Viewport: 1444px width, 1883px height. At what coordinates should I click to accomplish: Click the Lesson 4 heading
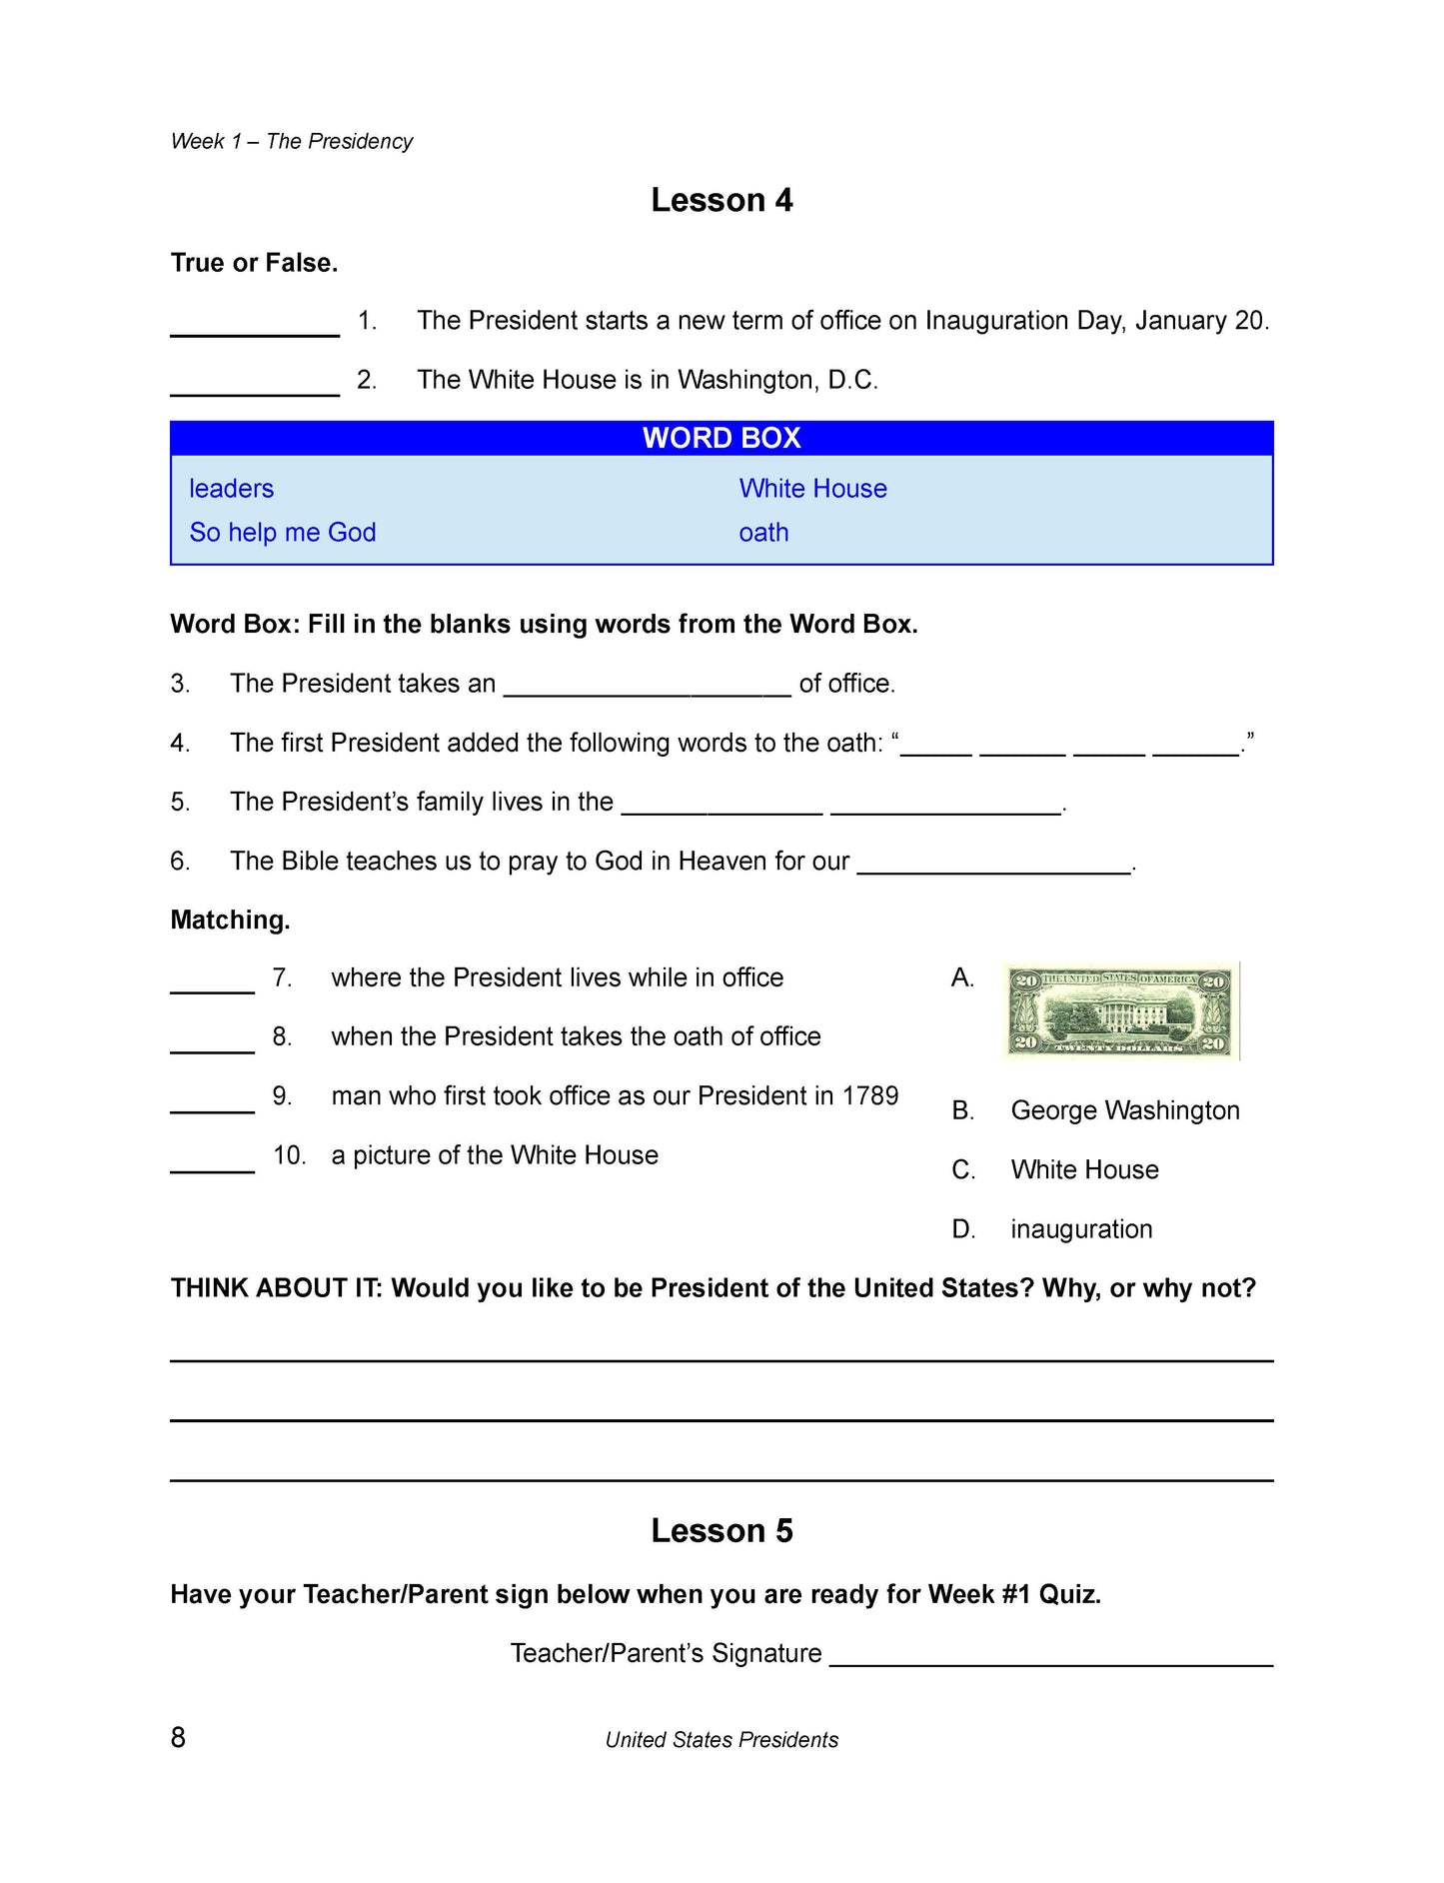(x=722, y=200)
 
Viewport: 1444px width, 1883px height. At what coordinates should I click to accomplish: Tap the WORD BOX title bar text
(x=722, y=438)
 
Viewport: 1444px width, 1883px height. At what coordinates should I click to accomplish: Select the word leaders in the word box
(x=231, y=489)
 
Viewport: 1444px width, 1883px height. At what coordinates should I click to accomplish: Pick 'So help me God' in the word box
(x=283, y=533)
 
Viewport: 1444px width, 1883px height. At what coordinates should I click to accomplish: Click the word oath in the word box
(x=763, y=533)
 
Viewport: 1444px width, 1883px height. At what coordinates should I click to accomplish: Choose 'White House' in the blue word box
(x=812, y=489)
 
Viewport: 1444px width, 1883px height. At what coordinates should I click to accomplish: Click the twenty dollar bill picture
(x=1121, y=1011)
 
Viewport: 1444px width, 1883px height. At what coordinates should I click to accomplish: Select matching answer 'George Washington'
(x=1124, y=1110)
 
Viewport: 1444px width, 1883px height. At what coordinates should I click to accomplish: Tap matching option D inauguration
(x=1081, y=1229)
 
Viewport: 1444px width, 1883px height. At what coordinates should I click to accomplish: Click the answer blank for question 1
(x=255, y=326)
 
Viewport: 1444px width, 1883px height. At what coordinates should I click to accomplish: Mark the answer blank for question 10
(x=212, y=1161)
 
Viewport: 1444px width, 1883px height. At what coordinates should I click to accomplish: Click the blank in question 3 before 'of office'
(x=647, y=686)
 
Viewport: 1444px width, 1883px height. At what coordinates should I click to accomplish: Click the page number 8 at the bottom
(x=178, y=1737)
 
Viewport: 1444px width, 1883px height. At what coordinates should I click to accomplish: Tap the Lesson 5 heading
(x=722, y=1531)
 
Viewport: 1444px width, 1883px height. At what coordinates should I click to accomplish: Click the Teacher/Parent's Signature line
(x=1051, y=1656)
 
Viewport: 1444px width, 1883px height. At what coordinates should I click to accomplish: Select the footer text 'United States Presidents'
(x=722, y=1740)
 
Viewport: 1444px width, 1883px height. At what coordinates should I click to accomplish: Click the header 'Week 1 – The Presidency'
(x=292, y=142)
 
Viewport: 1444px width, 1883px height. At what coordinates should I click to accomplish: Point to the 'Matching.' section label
(x=230, y=921)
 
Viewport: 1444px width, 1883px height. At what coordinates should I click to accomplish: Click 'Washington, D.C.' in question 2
(x=777, y=380)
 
